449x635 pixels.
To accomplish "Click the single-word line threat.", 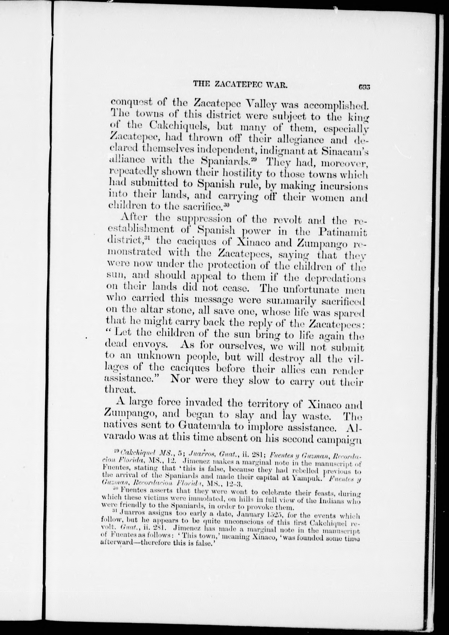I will (120, 390).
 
